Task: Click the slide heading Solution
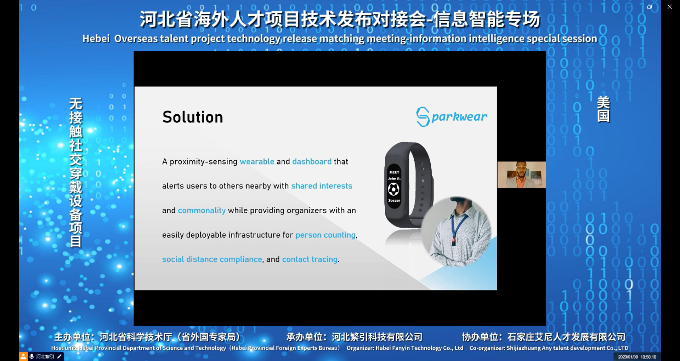pos(193,117)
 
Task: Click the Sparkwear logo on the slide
pos(452,116)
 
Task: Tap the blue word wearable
pos(257,161)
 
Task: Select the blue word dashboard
pos(312,161)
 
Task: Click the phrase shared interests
pos(322,186)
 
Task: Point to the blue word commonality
pos(202,210)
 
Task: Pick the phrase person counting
pos(325,235)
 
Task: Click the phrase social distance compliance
pos(212,259)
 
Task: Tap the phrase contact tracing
pos(310,259)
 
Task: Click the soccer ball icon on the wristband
pos(393,190)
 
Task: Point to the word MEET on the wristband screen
pos(394,172)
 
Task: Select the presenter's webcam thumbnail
pos(521,174)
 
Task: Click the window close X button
pos(669,7)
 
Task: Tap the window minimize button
pos(629,7)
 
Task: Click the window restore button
pos(649,7)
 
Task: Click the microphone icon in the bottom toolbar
pos(32,356)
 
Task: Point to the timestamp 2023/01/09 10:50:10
pos(637,357)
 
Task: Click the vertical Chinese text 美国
pos(603,109)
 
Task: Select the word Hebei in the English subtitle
pos(96,39)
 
